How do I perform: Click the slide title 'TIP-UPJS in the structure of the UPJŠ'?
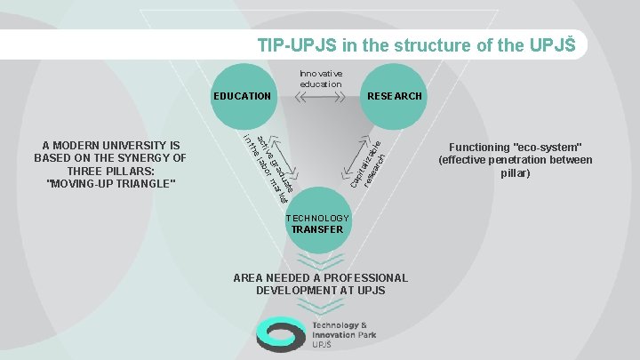pos(417,44)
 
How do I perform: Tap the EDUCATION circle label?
pos(242,95)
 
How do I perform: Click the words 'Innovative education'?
pos(320,78)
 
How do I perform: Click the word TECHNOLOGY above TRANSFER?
pos(317,218)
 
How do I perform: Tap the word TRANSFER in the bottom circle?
pos(317,229)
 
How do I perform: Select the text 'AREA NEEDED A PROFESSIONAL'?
pos(320,277)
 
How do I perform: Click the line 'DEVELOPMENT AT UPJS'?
pos(320,291)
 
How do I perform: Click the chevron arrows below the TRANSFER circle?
pos(318,259)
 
